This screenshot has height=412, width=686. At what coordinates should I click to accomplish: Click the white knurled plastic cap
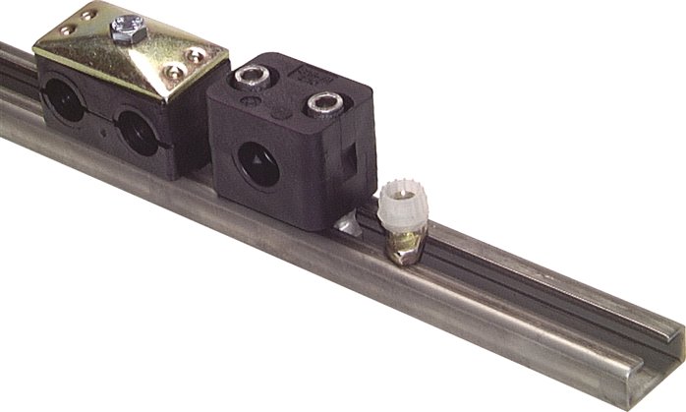point(402,205)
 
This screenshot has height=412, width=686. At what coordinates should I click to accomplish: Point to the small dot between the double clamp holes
point(101,126)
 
